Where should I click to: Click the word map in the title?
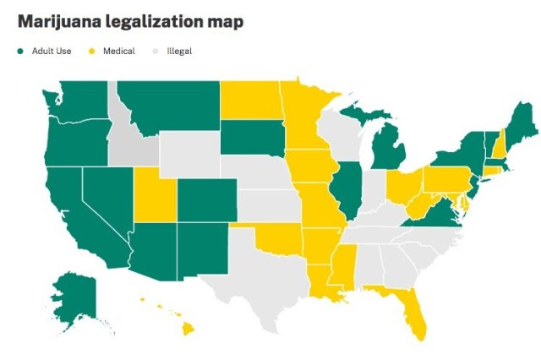click(225, 21)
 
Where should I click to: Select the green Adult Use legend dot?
click(20, 52)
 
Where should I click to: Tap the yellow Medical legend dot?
click(90, 52)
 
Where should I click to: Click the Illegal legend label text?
click(179, 52)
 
